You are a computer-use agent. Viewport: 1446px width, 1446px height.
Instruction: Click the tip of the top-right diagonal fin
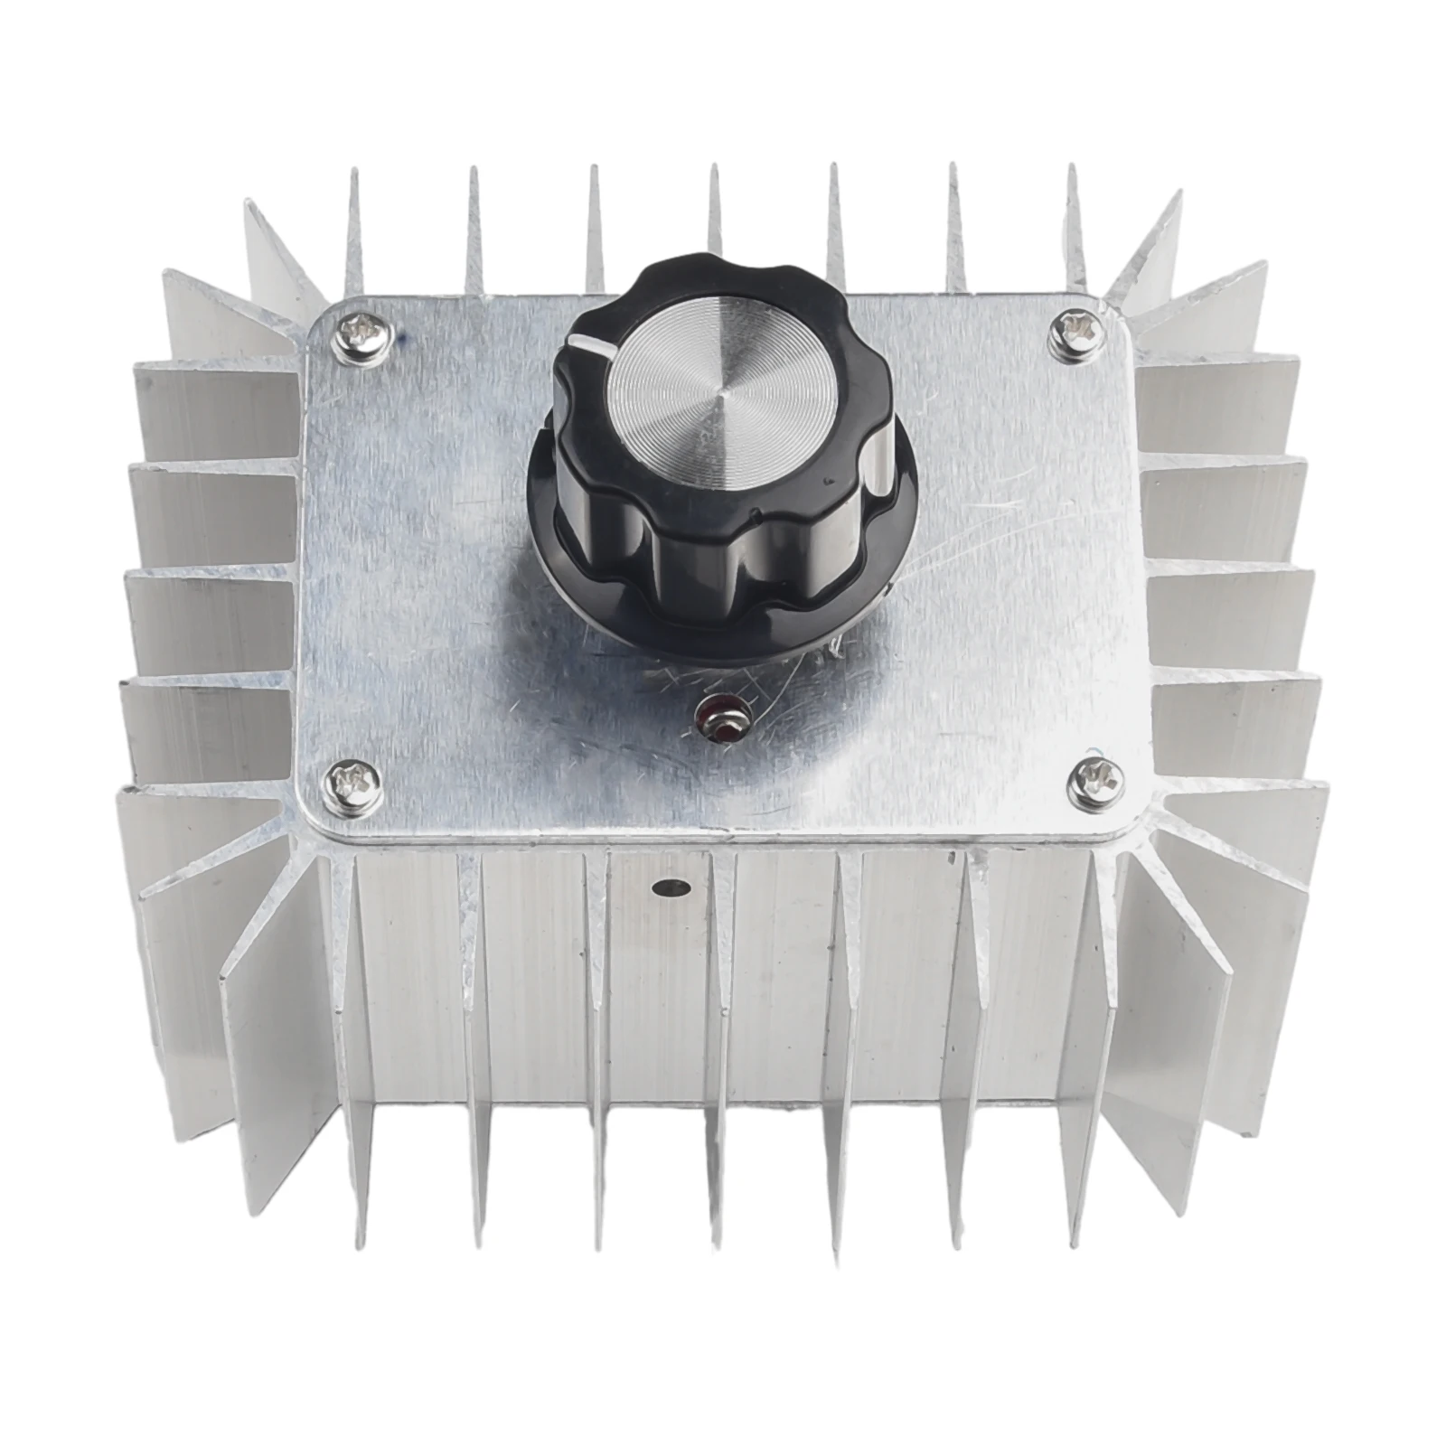point(1178,194)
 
